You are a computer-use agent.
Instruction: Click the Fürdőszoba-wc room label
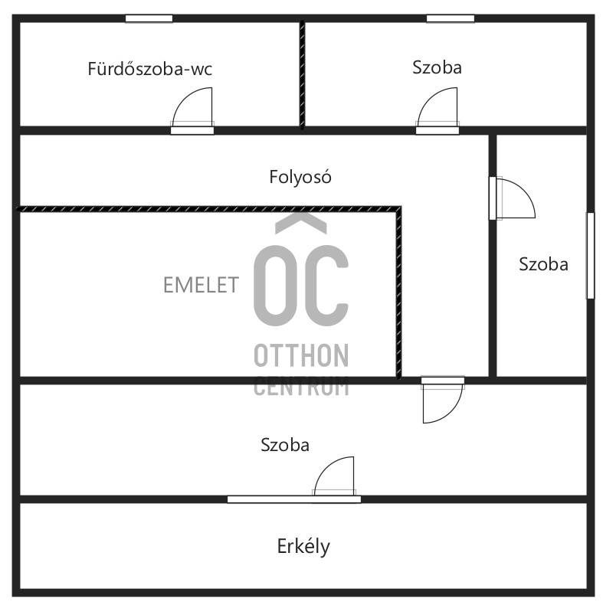(x=149, y=69)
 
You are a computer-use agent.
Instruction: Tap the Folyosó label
(x=300, y=177)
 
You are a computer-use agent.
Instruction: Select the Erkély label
(x=303, y=546)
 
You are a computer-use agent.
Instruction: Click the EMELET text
(x=201, y=285)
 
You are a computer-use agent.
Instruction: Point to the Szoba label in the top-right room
(x=437, y=67)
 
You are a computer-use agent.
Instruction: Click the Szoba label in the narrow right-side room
(x=543, y=264)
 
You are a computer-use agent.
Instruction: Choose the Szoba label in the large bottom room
(x=285, y=445)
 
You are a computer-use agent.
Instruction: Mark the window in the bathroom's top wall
(x=149, y=18)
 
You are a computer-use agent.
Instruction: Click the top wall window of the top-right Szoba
(x=451, y=18)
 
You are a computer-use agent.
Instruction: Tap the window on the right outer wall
(x=591, y=256)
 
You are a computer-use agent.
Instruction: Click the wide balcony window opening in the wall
(x=294, y=499)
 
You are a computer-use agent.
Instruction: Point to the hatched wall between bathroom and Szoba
(x=303, y=74)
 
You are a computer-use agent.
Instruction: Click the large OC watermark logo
(x=301, y=270)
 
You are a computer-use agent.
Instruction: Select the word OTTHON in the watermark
(x=301, y=355)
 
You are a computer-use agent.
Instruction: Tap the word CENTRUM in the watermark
(x=301, y=387)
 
